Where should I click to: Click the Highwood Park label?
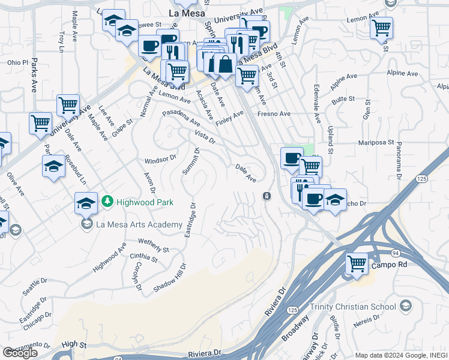coord(145,202)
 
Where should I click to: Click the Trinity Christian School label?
coord(352,307)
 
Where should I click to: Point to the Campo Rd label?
coord(385,265)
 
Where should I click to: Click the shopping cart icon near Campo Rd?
coord(357,263)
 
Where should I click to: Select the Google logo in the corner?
coord(20,353)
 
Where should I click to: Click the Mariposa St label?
coord(378,143)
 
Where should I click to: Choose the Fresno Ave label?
coord(274,113)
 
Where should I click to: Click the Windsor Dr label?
coord(160,160)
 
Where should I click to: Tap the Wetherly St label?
coord(154,245)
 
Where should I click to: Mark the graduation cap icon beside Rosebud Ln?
coord(54,165)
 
